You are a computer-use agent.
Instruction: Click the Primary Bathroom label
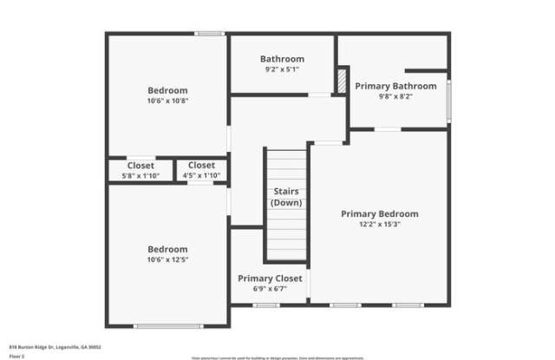tap(395, 86)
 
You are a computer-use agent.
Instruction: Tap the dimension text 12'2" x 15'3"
tap(379, 225)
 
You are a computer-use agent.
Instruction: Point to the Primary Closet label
tap(271, 278)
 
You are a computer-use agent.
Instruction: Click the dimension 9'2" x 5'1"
tap(282, 70)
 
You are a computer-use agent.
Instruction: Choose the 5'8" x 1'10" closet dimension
tap(140, 176)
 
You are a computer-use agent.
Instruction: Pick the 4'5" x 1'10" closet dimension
tap(201, 176)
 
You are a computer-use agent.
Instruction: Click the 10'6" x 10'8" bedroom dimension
tap(167, 101)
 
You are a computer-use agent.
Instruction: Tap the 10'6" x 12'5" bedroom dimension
tap(167, 259)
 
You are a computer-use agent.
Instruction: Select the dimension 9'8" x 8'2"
tap(395, 97)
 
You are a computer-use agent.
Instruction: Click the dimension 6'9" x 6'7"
tap(271, 290)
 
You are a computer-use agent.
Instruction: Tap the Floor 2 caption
tap(18, 356)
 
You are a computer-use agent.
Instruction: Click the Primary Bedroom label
tap(379, 213)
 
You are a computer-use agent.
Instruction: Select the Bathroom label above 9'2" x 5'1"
tap(282, 59)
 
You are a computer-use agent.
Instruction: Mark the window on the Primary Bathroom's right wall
tap(448, 101)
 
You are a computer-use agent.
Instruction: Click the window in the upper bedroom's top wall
tap(208, 34)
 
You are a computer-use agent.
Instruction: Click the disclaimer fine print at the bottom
tap(277, 357)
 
